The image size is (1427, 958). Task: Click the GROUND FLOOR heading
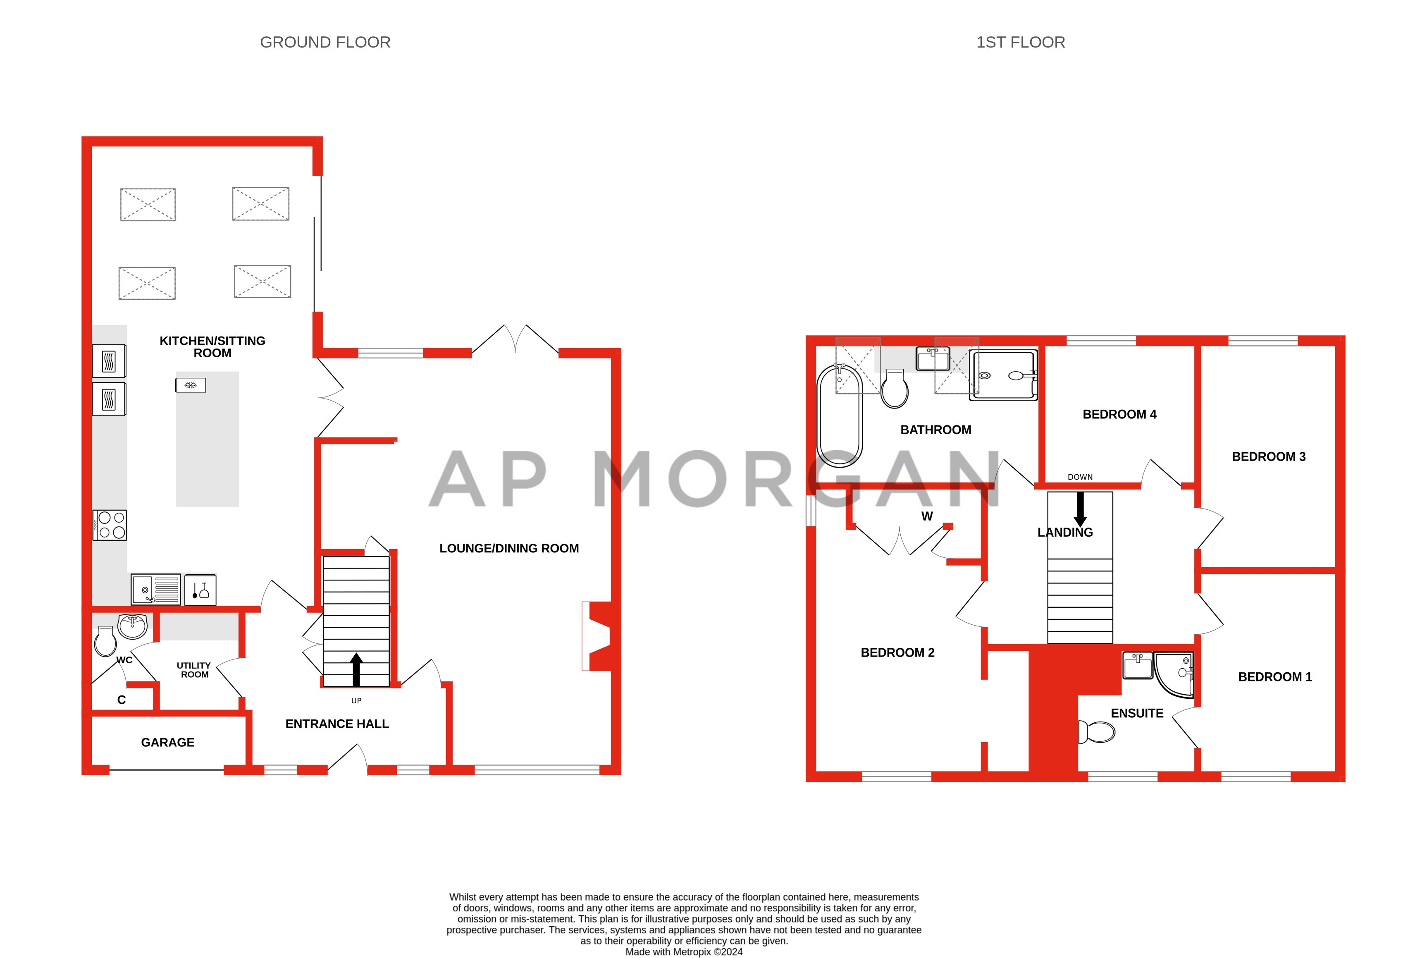pyautogui.click(x=325, y=42)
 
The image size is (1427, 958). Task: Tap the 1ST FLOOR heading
pyautogui.click(x=1020, y=42)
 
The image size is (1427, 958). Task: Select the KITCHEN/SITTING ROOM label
pyautogui.click(x=212, y=346)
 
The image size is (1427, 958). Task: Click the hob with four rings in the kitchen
pyautogui.click(x=110, y=525)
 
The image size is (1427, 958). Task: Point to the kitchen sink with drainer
pyautogui.click(x=156, y=589)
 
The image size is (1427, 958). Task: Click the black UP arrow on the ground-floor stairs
pyautogui.click(x=356, y=669)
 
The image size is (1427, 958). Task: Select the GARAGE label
pyautogui.click(x=167, y=742)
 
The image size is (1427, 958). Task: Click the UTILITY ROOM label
pyautogui.click(x=194, y=670)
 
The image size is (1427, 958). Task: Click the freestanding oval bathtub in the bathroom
pyautogui.click(x=840, y=416)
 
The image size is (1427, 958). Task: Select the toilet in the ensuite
pyautogui.click(x=1097, y=731)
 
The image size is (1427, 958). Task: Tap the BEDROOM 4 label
pyautogui.click(x=1119, y=414)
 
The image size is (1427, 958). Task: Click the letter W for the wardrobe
pyautogui.click(x=927, y=516)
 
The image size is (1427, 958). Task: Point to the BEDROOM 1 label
pyautogui.click(x=1274, y=677)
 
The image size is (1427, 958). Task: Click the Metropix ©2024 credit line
pyautogui.click(x=684, y=951)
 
